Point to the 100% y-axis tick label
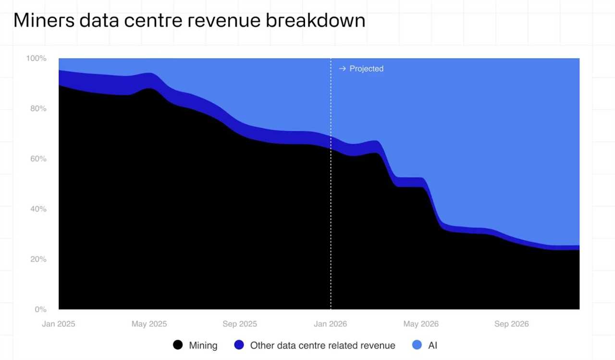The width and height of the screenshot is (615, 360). (36, 58)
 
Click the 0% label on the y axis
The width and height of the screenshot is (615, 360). (40, 309)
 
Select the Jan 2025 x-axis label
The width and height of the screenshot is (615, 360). (59, 324)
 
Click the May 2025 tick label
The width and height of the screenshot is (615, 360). (149, 324)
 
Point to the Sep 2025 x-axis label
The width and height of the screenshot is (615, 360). (240, 324)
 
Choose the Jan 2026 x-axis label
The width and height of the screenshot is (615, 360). (331, 324)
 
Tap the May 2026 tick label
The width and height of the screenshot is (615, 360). (421, 324)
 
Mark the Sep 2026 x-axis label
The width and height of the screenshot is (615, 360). (511, 324)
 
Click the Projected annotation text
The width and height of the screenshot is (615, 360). (367, 69)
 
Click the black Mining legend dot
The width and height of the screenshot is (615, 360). (178, 345)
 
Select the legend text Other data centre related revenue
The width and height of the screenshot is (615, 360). (322, 345)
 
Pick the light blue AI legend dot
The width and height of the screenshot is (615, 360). (417, 345)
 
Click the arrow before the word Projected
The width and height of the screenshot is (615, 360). (342, 69)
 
